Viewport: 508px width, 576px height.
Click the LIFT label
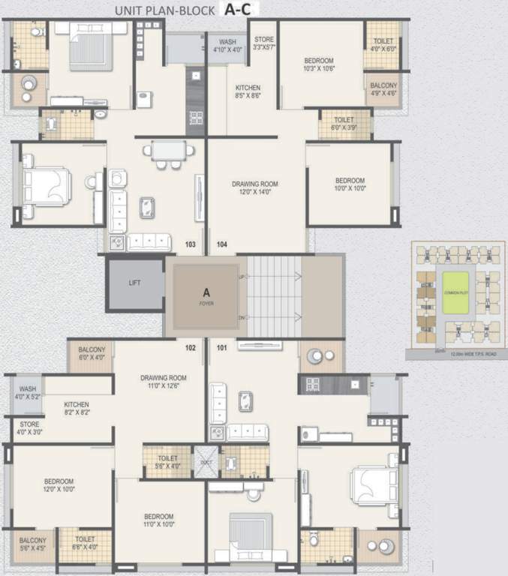point(135,283)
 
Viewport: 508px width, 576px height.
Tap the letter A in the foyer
point(205,293)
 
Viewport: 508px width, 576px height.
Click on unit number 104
point(222,244)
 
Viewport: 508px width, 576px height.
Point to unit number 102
point(191,347)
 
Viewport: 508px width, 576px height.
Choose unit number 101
point(222,347)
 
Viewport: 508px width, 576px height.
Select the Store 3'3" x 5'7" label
point(264,43)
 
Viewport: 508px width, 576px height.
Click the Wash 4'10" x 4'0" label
point(227,46)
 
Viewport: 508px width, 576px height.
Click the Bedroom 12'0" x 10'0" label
point(59,484)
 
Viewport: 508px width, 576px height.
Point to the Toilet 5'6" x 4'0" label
point(168,462)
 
